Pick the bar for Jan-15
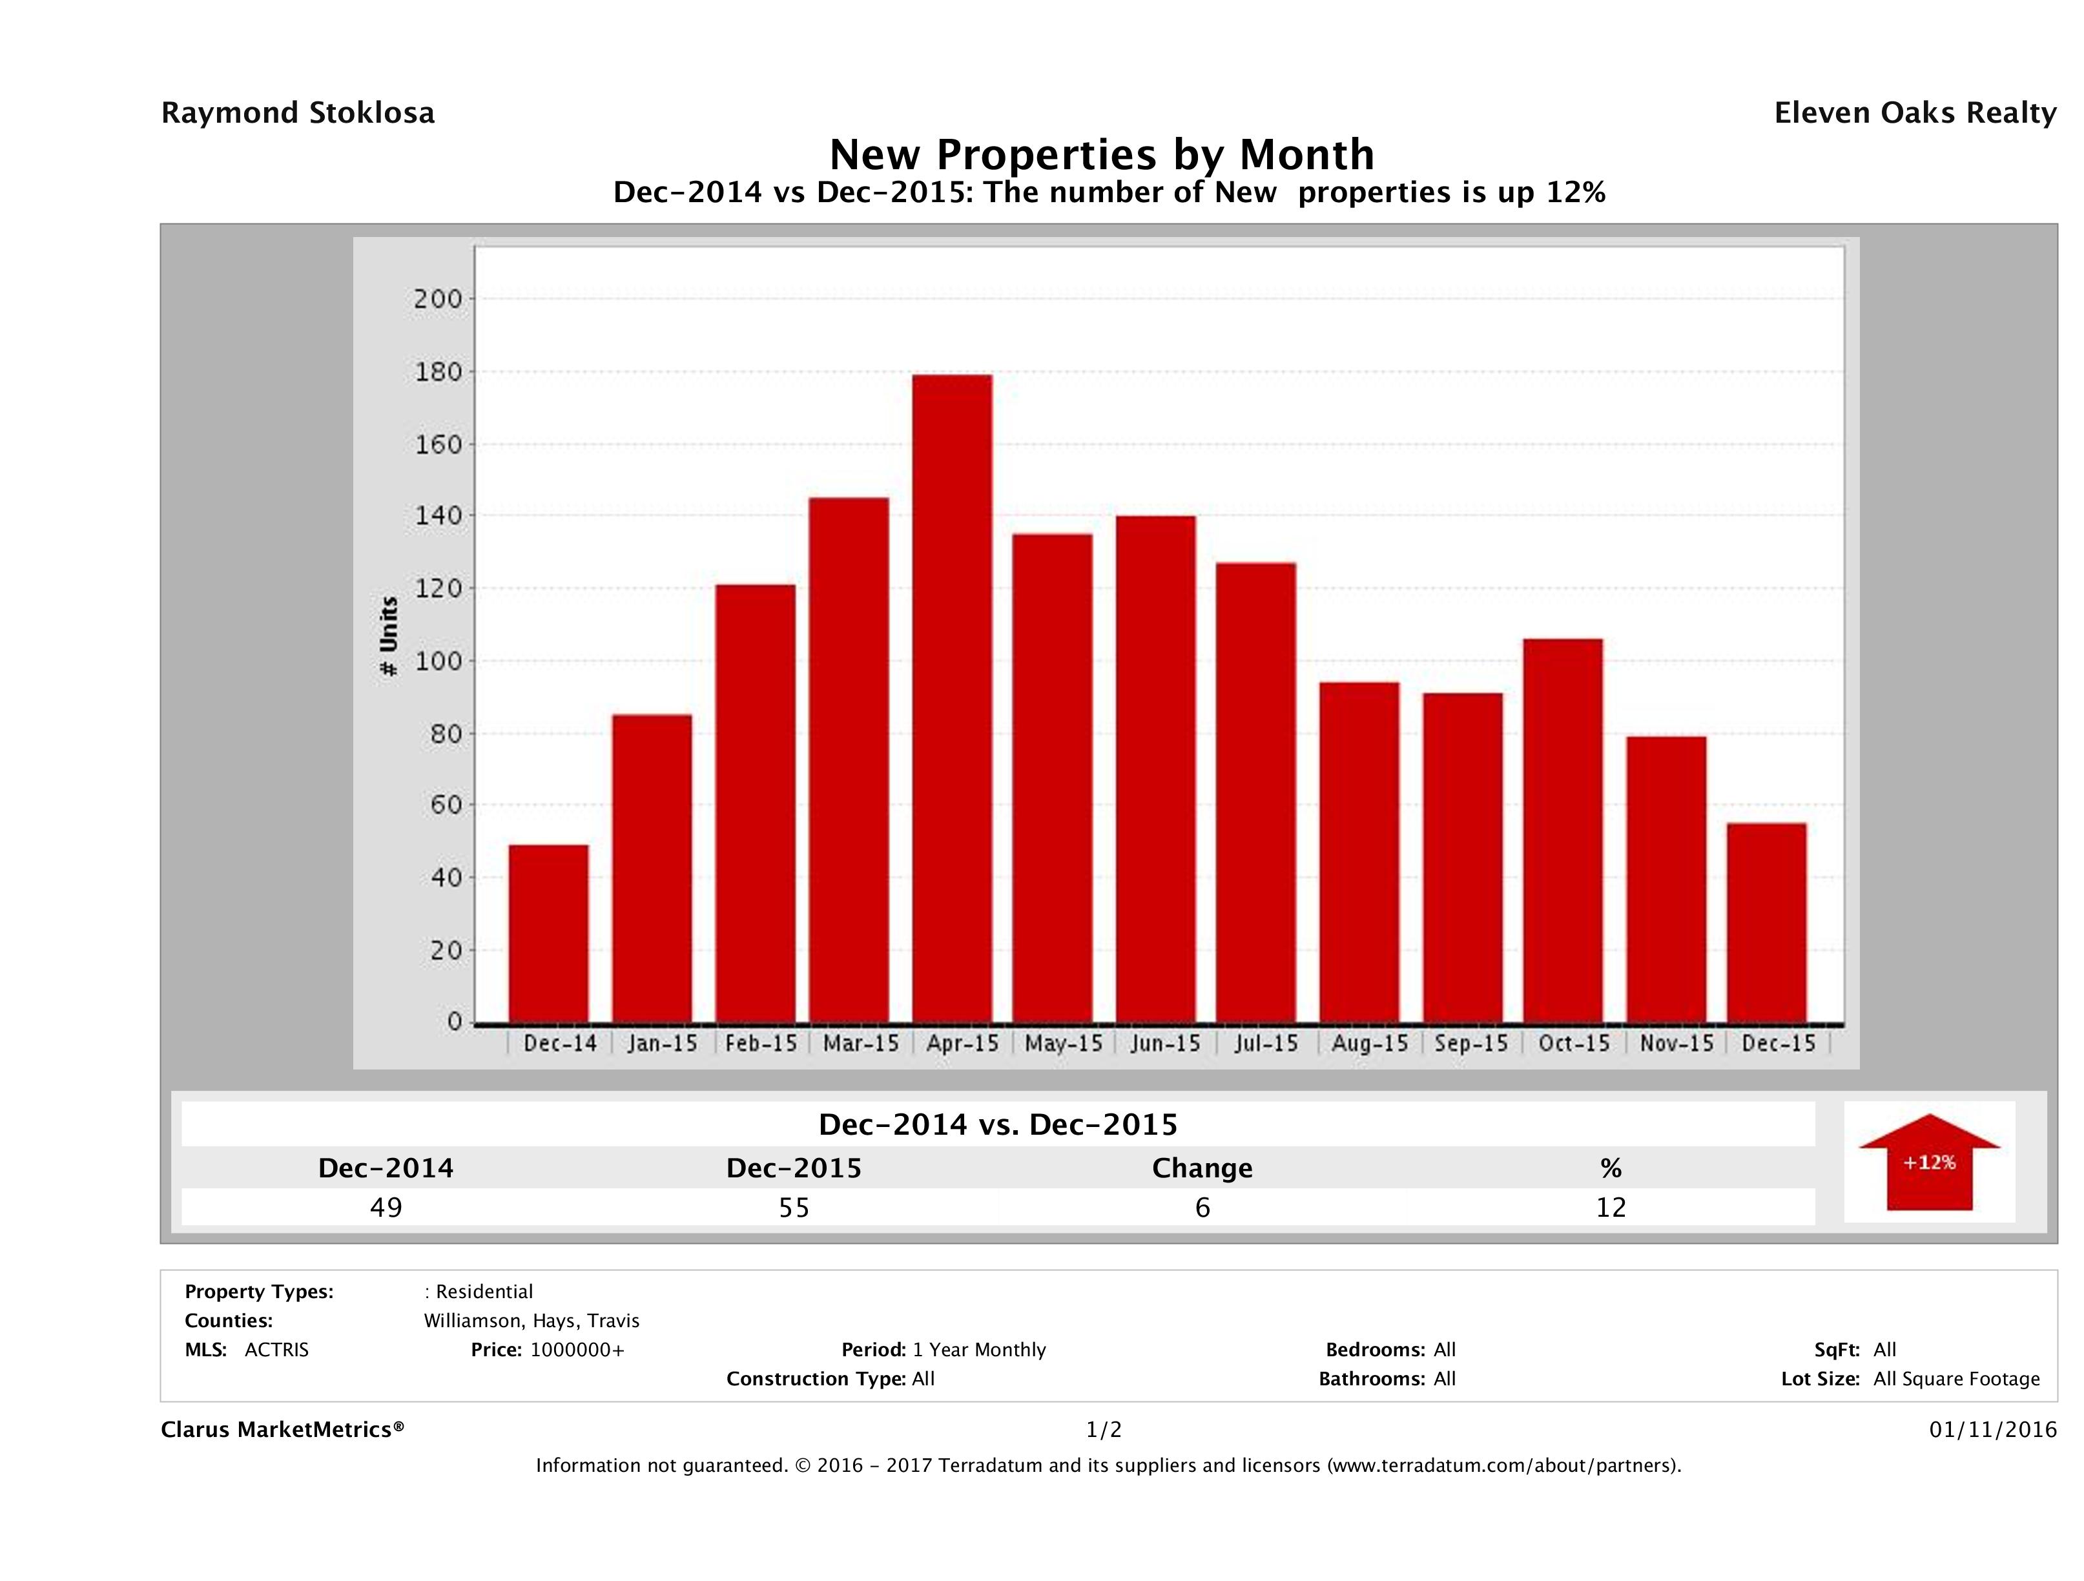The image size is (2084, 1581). click(x=652, y=868)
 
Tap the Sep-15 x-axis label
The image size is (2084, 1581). click(x=1470, y=1044)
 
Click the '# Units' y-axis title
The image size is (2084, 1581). click(x=388, y=637)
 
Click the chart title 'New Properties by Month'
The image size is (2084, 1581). click(x=1101, y=154)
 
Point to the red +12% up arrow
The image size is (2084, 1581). click(x=1928, y=1162)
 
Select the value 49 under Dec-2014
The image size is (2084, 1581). click(x=386, y=1207)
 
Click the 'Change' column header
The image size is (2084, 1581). click(x=1202, y=1168)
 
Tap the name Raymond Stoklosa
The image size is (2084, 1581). click(x=298, y=113)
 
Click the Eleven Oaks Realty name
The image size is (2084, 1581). click(x=1914, y=113)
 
